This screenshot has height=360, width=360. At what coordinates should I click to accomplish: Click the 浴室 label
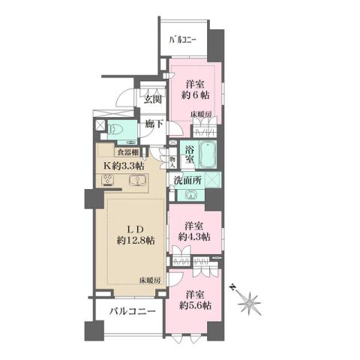tap(190, 154)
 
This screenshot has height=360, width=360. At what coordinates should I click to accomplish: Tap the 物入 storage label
tap(173, 160)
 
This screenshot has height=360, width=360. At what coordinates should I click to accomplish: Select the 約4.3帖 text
tap(194, 237)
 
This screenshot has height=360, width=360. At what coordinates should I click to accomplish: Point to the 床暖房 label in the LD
tap(148, 280)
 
